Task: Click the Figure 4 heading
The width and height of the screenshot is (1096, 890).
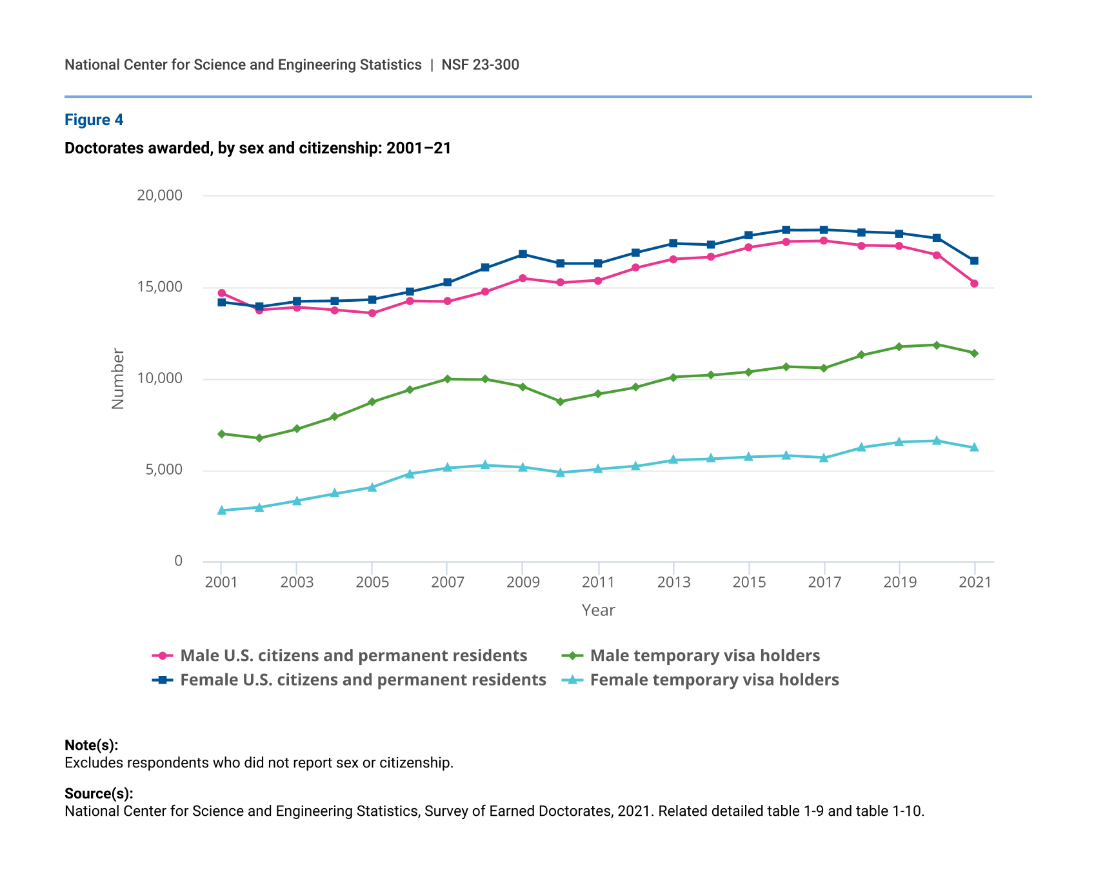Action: click(94, 120)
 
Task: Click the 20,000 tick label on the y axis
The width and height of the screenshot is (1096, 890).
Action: click(159, 195)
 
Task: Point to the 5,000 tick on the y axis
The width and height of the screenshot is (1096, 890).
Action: click(164, 470)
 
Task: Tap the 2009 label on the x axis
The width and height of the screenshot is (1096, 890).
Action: click(523, 582)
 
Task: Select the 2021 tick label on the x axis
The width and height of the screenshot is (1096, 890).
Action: click(975, 582)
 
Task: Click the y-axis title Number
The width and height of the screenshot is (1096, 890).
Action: click(117, 379)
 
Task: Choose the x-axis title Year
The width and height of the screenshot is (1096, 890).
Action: click(598, 610)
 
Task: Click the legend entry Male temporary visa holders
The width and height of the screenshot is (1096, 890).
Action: click(704, 656)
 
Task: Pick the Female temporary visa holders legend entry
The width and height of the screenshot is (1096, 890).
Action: click(714, 680)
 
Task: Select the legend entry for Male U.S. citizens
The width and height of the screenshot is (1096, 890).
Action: click(354, 656)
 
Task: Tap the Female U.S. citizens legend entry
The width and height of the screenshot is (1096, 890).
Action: click(363, 680)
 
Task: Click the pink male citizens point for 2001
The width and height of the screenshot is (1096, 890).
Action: click(221, 293)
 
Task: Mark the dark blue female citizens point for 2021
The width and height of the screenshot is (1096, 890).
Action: click(974, 261)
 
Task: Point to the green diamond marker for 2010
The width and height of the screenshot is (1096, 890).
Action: click(560, 402)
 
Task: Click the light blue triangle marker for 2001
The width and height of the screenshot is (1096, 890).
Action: click(221, 510)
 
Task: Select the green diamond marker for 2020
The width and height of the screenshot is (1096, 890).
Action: click(937, 345)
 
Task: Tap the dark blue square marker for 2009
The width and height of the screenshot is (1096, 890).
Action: click(523, 254)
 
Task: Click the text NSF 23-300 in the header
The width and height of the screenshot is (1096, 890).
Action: click(480, 65)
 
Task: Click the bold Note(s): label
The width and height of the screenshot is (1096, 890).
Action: click(91, 746)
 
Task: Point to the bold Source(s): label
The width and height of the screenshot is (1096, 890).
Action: click(99, 794)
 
